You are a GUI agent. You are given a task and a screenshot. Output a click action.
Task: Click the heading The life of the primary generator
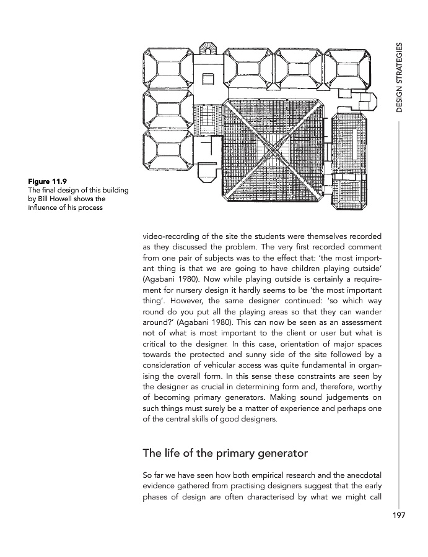(225, 452)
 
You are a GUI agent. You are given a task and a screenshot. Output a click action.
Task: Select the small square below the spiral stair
(207, 79)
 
